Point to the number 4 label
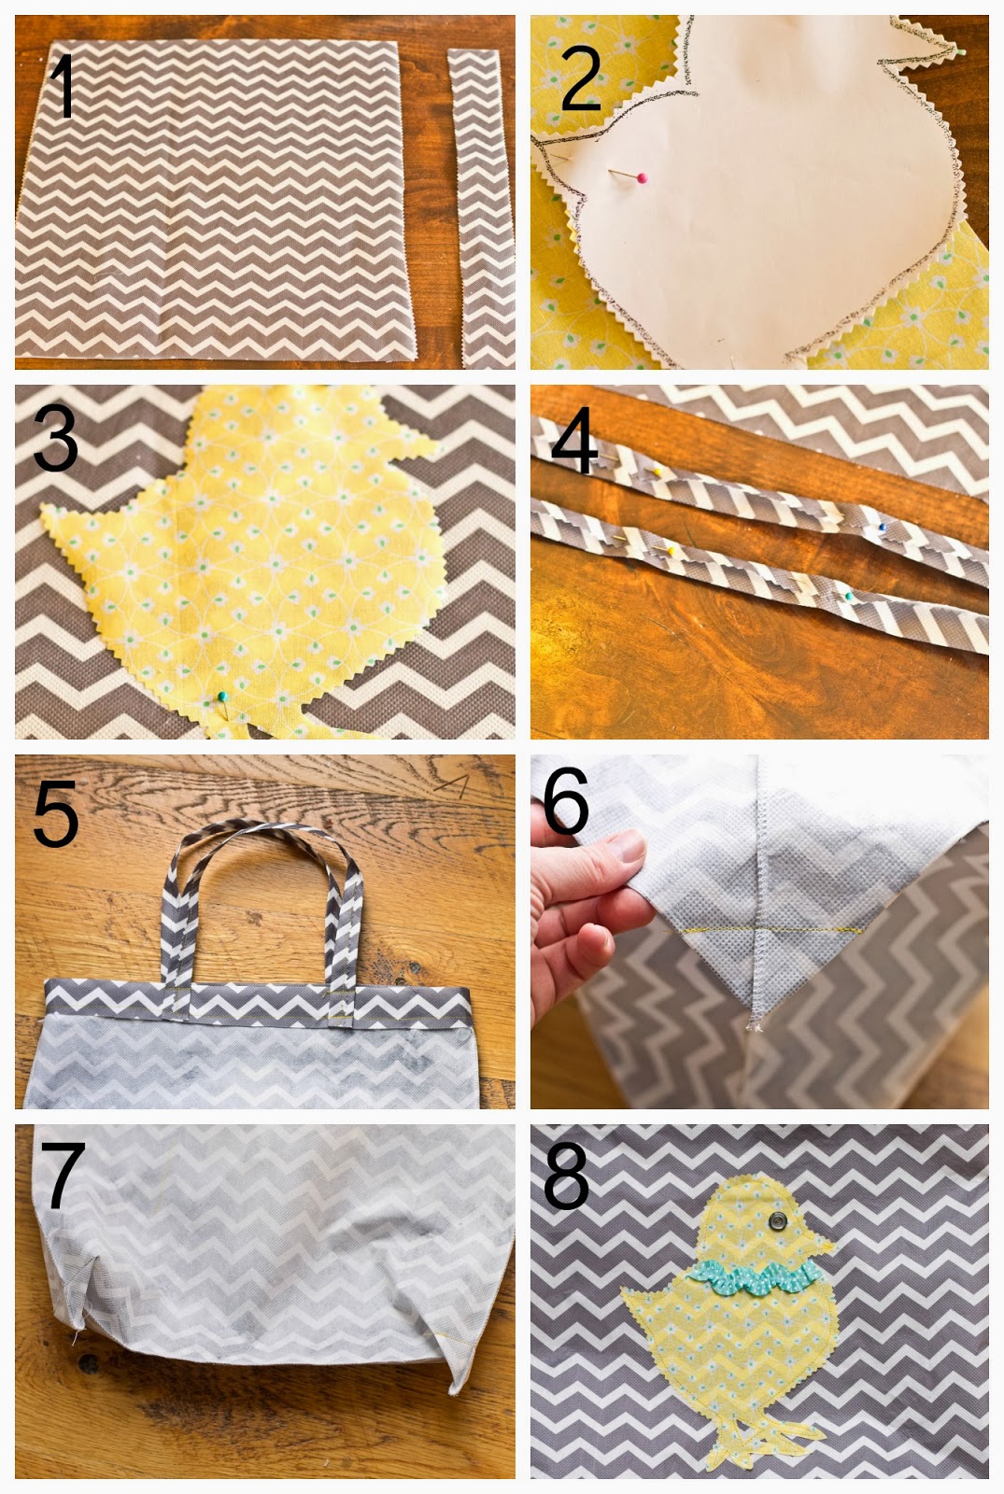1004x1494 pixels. click(x=574, y=439)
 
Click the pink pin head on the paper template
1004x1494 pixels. click(x=642, y=178)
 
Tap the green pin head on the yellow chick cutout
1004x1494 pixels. click(x=222, y=697)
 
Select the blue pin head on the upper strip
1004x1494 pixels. click(x=882, y=527)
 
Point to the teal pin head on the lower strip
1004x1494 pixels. click(x=849, y=596)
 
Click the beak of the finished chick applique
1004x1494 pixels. click(x=826, y=1245)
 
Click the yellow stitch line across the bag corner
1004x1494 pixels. click(x=761, y=930)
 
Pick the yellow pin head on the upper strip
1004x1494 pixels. click(x=658, y=472)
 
